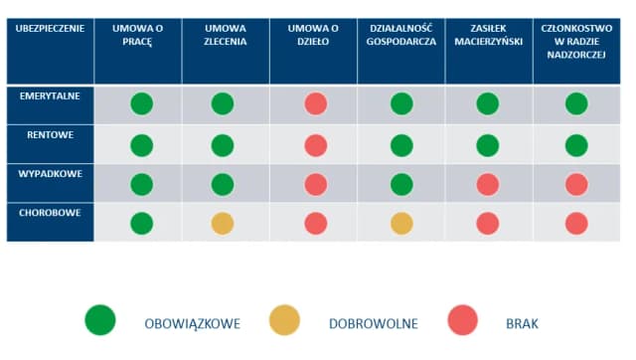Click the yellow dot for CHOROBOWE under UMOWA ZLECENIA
tap(223, 224)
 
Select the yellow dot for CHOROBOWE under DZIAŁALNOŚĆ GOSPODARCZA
tap(401, 224)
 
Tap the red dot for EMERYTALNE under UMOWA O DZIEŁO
tap(315, 103)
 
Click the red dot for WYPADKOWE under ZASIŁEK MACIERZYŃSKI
tap(488, 184)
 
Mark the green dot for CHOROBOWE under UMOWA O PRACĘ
tap(143, 224)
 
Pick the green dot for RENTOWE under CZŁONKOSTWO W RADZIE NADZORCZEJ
tap(575, 145)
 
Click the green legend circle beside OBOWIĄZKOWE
tap(100, 320)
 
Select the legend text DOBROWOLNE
tap(373, 323)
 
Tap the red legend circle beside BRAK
tap(466, 320)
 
